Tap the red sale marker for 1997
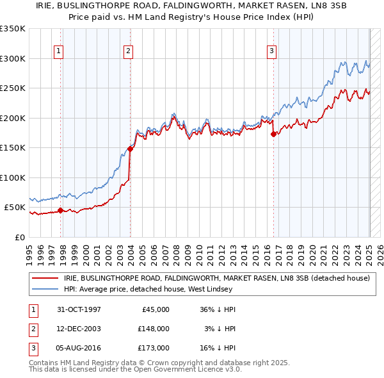coord(61,210)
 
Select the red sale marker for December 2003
coord(130,149)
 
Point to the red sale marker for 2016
coord(273,134)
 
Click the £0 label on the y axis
coord(19,237)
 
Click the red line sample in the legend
coord(45,279)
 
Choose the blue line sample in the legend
coord(45,289)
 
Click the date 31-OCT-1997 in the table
coord(79,309)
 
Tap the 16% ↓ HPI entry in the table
coord(218,348)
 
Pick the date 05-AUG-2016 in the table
coord(79,348)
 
